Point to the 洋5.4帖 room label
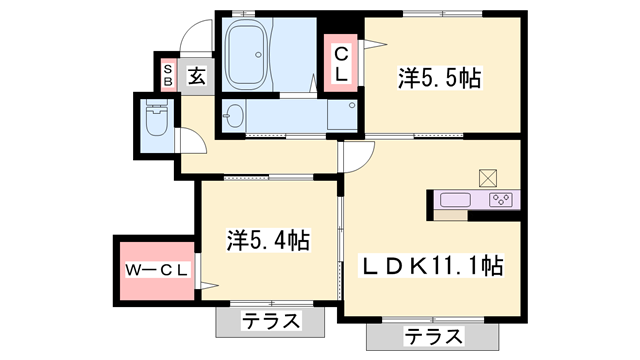(267, 240)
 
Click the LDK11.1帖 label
(432, 266)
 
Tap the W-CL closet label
(155, 270)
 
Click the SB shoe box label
(168, 74)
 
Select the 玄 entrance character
(196, 75)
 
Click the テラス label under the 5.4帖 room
(271, 322)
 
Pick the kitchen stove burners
(500, 199)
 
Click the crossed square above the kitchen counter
(488, 177)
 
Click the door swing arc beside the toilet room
(191, 140)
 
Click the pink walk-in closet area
(155, 270)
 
